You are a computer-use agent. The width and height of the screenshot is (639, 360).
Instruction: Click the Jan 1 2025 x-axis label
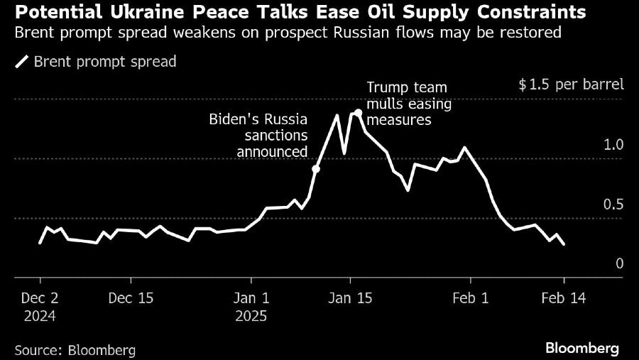[252, 306]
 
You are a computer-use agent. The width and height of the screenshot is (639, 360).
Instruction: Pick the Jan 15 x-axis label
[351, 298]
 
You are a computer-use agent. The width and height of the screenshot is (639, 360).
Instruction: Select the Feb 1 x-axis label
[471, 298]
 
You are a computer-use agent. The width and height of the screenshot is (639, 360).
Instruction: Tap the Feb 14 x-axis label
[564, 298]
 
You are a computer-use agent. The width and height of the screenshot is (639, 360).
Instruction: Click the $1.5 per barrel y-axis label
[571, 85]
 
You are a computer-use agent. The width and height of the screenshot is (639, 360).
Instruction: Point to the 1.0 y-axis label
[613, 145]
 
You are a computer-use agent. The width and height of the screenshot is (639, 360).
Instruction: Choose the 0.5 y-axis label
[613, 204]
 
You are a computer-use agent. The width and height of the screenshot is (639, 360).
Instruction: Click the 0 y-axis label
[619, 264]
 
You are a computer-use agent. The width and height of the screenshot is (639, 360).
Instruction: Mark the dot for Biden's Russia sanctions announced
[316, 169]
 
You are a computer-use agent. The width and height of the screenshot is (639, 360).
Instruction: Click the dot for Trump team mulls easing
[359, 112]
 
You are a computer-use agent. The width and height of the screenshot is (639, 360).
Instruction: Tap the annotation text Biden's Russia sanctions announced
[258, 135]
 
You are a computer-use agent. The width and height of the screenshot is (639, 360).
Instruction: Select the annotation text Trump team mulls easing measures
[407, 104]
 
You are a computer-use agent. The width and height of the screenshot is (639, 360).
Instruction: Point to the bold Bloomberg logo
[582, 349]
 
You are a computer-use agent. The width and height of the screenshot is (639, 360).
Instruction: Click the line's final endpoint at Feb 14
[564, 244]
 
